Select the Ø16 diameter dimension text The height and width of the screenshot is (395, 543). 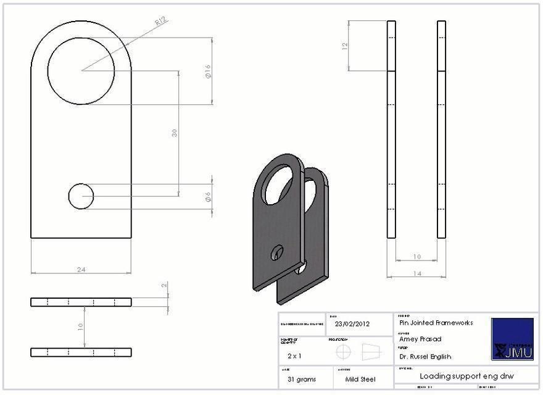click(x=208, y=72)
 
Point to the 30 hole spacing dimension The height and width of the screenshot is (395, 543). click(x=175, y=133)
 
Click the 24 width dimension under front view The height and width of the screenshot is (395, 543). click(x=81, y=269)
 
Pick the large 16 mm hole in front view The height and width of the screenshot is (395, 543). click(x=81, y=70)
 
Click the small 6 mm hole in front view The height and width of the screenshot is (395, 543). click(x=81, y=197)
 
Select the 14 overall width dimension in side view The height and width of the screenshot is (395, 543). click(x=417, y=273)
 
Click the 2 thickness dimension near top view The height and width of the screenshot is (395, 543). click(x=164, y=285)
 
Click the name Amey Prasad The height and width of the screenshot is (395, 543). click(x=420, y=339)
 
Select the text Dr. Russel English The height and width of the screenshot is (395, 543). click(x=425, y=356)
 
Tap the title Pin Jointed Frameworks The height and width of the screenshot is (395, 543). click(x=436, y=322)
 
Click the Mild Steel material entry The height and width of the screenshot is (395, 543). click(x=360, y=379)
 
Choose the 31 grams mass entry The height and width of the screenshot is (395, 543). click(x=302, y=379)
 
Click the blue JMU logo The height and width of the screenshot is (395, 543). click(x=512, y=339)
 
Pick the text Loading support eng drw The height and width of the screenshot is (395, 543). click(x=466, y=375)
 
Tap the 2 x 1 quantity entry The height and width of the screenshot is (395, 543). click(x=294, y=356)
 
